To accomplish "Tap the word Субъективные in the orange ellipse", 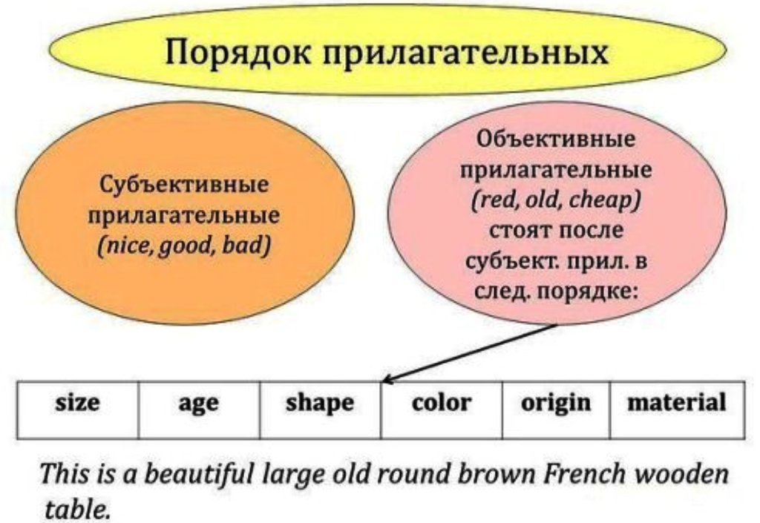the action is coord(184,184).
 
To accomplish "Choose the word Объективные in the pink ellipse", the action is coord(556,139).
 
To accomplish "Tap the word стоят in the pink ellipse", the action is coord(520,231).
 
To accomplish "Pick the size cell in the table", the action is coord(77,410).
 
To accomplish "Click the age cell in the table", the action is coord(199,410).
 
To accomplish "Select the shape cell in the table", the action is coord(321,410).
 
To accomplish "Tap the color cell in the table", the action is coord(442,410).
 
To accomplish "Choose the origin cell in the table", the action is coord(557,410).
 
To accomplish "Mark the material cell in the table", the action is coord(678,410).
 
